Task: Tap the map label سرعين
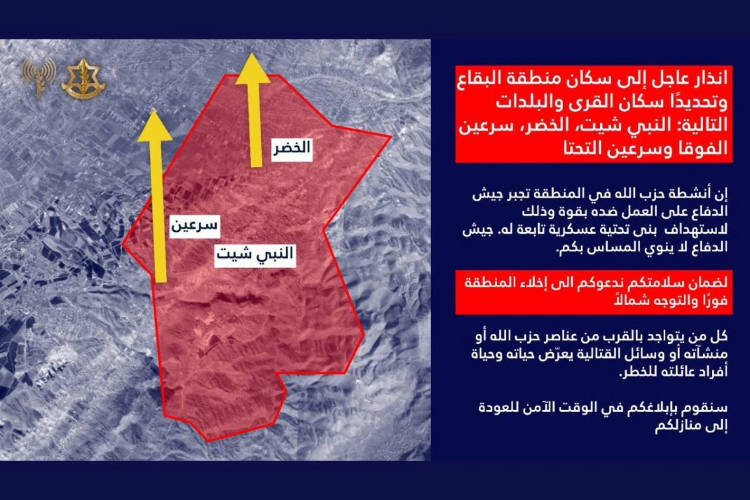point(194,226)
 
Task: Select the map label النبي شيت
point(255,255)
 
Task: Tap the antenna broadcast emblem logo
point(37,76)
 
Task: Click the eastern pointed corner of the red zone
point(391,136)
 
